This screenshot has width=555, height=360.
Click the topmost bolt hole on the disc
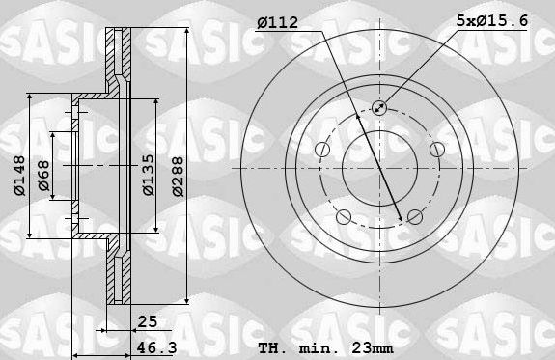(378, 108)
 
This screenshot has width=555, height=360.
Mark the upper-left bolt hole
(321, 149)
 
